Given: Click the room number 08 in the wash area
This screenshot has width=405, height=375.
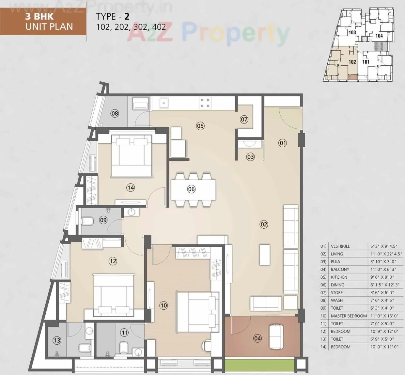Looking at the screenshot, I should point(115,114).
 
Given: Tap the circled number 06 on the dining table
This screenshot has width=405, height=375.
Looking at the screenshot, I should point(191,189).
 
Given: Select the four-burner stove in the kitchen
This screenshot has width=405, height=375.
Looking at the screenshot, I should point(205,103).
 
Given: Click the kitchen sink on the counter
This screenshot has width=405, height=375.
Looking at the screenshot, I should point(164,103).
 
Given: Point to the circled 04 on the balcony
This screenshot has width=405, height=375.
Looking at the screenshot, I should point(257,338).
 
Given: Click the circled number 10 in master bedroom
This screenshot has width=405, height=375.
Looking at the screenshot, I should point(164,305).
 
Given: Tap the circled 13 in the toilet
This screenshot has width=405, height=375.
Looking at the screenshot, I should point(57,341).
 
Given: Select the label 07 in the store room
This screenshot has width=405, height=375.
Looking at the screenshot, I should point(244,120).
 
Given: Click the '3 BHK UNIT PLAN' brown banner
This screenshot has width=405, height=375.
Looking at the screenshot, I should point(43,22).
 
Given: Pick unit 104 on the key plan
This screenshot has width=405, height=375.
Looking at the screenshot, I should point(379,36).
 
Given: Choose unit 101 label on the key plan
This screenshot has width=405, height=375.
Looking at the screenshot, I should point(366,62).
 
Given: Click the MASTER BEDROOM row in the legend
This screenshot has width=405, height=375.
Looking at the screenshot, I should point(349,316).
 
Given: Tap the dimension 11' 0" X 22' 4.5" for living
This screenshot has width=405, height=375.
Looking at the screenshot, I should point(386,254).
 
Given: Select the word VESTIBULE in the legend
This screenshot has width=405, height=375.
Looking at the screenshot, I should point(340,246).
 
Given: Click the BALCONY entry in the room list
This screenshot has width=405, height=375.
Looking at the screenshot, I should point(340,269).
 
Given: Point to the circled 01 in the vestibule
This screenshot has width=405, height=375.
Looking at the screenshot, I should point(283,143).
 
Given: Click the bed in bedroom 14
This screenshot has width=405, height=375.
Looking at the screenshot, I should point(132,155).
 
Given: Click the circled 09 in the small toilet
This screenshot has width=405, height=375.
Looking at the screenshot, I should point(103,220).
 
